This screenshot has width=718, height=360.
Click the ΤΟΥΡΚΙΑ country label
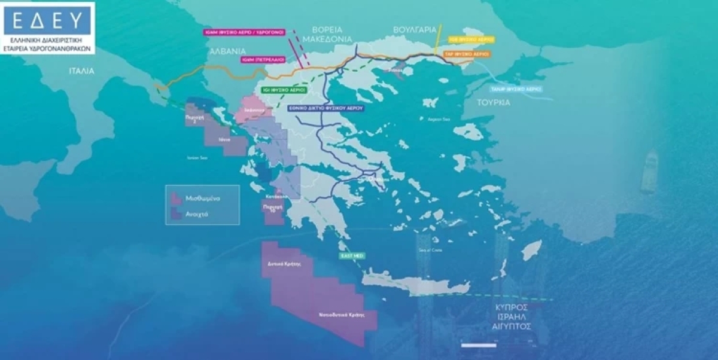(x=494, y=102)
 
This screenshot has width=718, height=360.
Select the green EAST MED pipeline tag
(x=352, y=255)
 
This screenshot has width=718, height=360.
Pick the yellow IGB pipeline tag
(x=471, y=39)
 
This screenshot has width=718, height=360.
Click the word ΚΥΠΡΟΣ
(x=510, y=306)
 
